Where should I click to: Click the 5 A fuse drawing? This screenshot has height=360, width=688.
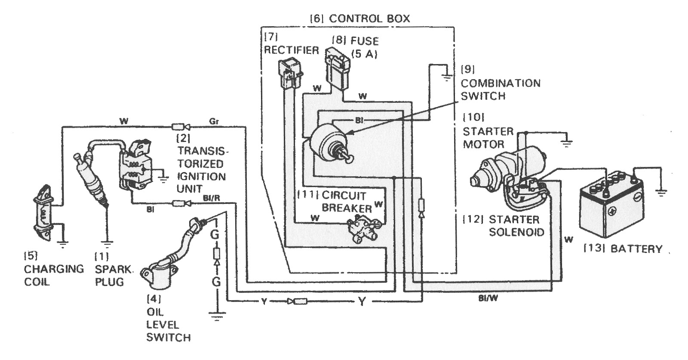pyautogui.click(x=337, y=68)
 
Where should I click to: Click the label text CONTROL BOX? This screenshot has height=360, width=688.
pyautogui.click(x=369, y=18)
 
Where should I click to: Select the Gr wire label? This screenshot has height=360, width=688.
pyautogui.click(x=214, y=122)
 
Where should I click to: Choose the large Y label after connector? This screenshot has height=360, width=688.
pyautogui.click(x=362, y=302)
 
